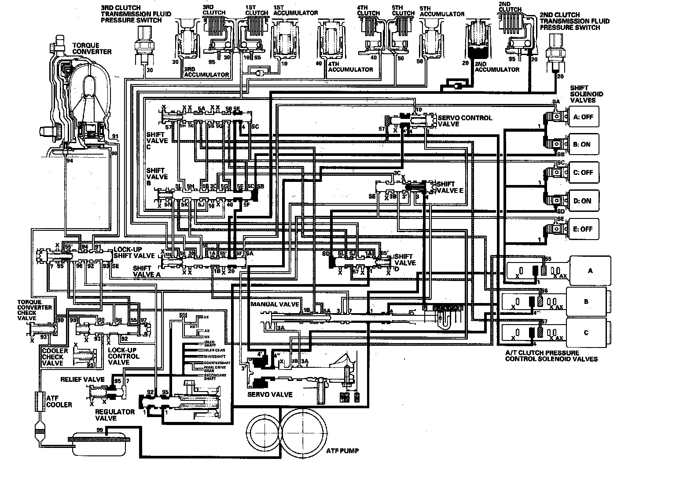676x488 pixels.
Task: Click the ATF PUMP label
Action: point(343,451)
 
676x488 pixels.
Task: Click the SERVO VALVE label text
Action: point(270,394)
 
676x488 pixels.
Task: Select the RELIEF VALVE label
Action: point(82,379)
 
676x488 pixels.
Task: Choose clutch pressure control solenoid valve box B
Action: point(586,302)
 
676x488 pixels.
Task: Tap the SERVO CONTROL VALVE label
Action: point(465,121)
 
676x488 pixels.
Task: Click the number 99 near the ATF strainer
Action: point(100,430)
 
